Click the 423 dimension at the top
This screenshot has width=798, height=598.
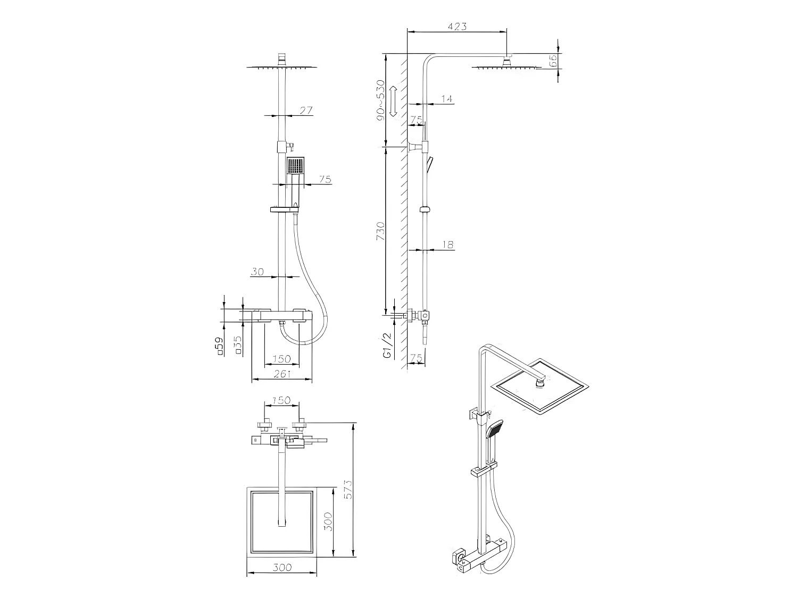[457, 26]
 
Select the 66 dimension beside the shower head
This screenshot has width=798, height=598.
[553, 60]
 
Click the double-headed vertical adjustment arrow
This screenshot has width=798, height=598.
[393, 102]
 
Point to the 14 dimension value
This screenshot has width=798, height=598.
[446, 99]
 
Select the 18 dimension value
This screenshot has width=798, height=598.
[447, 245]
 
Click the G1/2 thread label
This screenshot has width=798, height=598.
[387, 346]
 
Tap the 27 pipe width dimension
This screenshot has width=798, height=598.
[305, 111]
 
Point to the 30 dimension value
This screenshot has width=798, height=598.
[257, 272]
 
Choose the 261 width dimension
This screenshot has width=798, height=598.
[281, 374]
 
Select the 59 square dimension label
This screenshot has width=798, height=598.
[218, 347]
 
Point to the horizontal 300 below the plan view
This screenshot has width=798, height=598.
[281, 567]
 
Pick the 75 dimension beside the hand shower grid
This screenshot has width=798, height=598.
[325, 180]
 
